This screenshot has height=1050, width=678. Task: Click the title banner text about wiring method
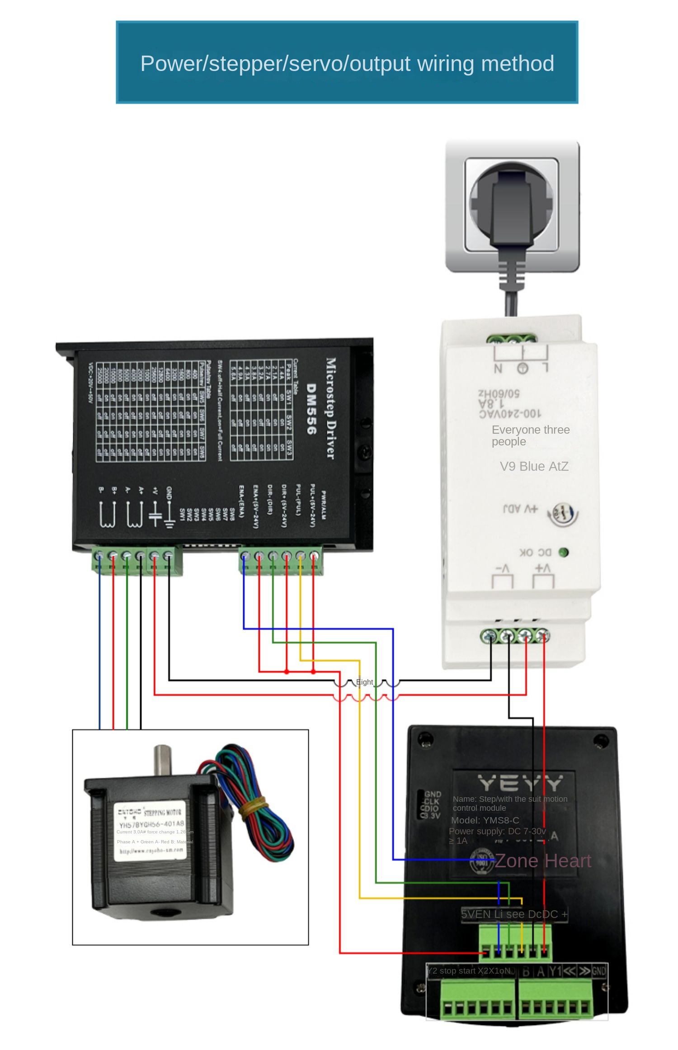[347, 64]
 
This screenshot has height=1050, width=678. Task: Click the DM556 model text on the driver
[311, 409]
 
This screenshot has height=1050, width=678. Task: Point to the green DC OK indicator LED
[563, 552]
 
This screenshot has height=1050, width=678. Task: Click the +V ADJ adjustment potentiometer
[563, 514]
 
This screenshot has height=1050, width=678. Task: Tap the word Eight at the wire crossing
[364, 682]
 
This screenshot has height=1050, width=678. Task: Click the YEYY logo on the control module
[520, 783]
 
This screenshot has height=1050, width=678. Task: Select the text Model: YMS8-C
[485, 820]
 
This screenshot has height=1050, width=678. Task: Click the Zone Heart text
[543, 861]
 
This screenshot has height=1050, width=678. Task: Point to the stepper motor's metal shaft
[162, 760]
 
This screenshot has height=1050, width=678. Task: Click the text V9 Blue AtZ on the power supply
[534, 466]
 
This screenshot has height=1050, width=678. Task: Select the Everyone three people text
[530, 435]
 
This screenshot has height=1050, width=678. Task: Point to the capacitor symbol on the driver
[155, 516]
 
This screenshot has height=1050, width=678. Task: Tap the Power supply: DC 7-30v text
[497, 831]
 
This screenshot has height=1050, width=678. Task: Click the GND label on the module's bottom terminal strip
[598, 971]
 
